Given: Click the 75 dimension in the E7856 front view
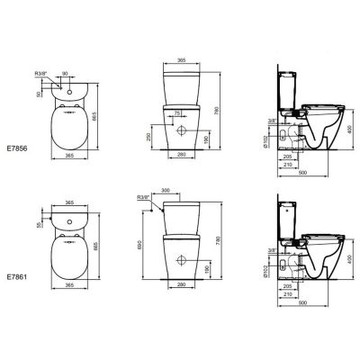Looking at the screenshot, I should (177, 112).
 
